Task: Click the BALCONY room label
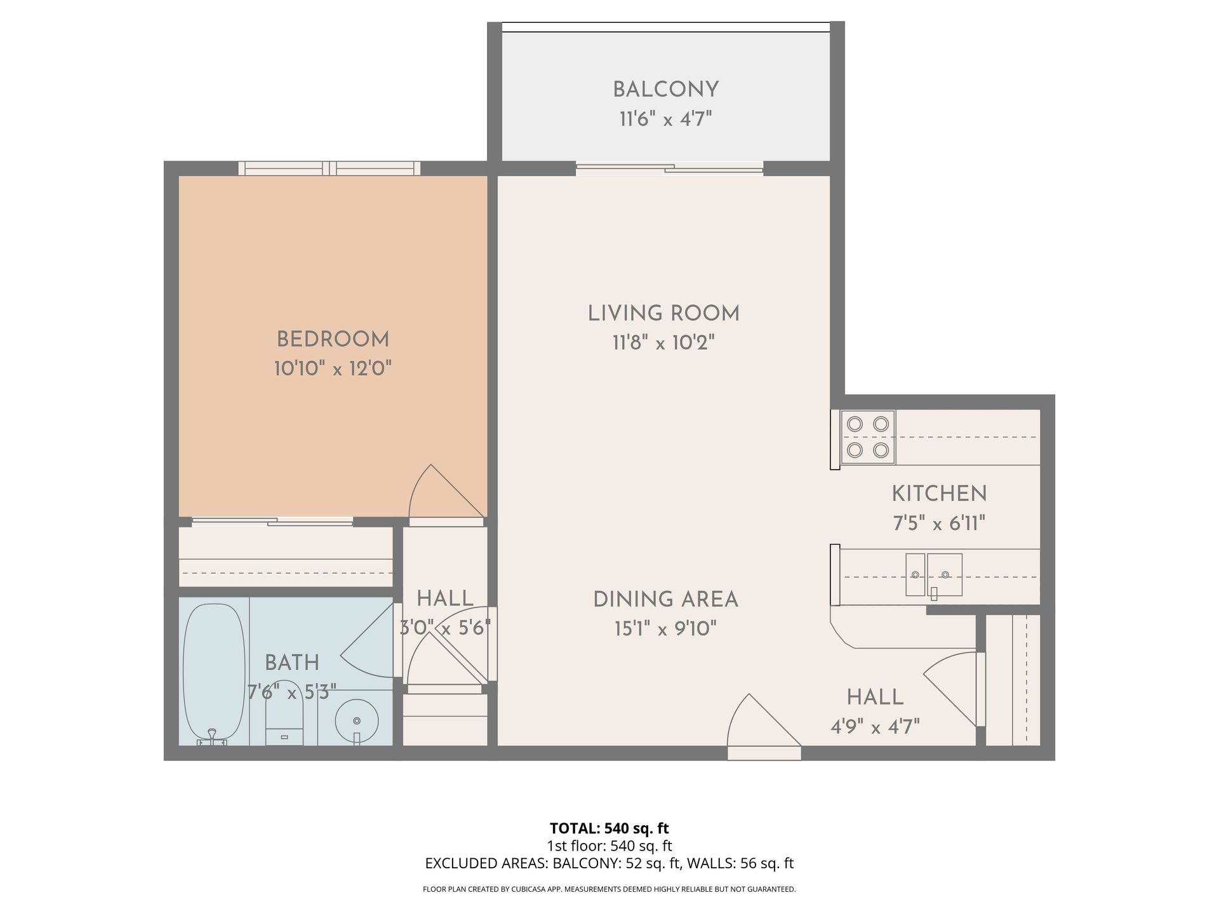click(665, 89)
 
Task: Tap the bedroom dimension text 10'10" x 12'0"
click(333, 368)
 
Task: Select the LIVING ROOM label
click(663, 314)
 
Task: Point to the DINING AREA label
click(665, 599)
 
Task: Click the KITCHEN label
click(939, 494)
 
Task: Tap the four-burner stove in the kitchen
click(868, 437)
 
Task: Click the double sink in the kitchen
click(934, 575)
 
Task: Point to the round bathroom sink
click(357, 721)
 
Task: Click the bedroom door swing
click(444, 493)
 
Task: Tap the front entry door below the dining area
click(763, 724)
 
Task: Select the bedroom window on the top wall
click(330, 168)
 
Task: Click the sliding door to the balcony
click(670, 168)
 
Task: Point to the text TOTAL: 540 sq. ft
click(609, 828)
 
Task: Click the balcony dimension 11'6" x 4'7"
click(665, 119)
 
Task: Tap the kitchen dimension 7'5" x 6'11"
click(939, 523)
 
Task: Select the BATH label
click(292, 663)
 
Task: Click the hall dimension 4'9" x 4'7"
click(875, 726)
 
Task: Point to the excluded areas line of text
click(609, 863)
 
